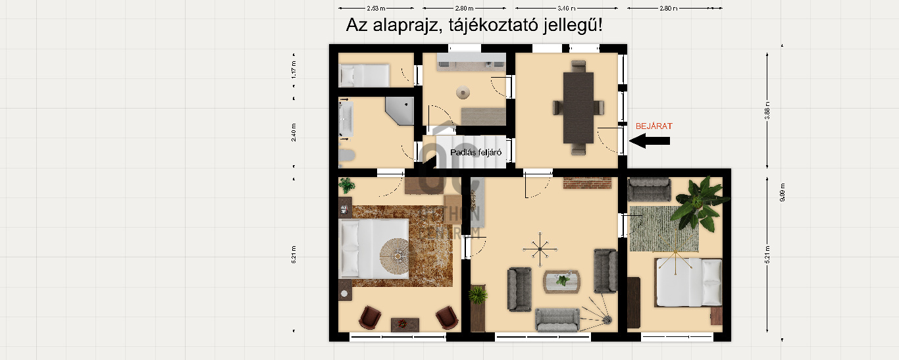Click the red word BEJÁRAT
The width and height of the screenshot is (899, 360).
pyautogui.click(x=654, y=126)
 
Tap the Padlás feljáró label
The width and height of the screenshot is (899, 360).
pyautogui.click(x=476, y=153)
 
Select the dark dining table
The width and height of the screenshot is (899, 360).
pyautogui.click(x=578, y=107)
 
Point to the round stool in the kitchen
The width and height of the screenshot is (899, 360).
pyautogui.click(x=465, y=93)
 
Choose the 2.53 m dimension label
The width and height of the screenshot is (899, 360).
pyautogui.click(x=376, y=8)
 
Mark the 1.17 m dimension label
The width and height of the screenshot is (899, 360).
pyautogui.click(x=294, y=70)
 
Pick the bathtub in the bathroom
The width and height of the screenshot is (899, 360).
pyautogui.click(x=347, y=120)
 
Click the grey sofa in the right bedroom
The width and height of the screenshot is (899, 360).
pyautogui.click(x=649, y=189)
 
